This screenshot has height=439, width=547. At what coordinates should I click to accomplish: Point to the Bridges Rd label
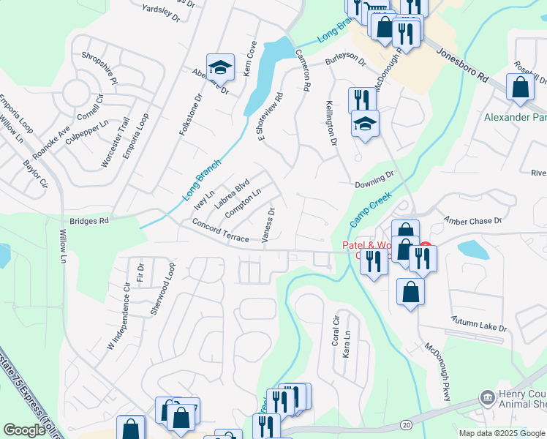[x=89, y=219]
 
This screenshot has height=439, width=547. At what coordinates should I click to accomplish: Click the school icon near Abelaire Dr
[x=219, y=68]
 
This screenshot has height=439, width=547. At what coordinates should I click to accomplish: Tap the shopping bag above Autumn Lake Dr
[x=410, y=292]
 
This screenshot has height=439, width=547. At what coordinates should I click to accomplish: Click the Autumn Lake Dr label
[x=478, y=324]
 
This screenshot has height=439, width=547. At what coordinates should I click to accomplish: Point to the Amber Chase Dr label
[x=474, y=220]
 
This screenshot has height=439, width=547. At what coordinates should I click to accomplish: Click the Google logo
[x=24, y=430]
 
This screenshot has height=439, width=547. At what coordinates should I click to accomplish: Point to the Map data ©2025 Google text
[x=502, y=433]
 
